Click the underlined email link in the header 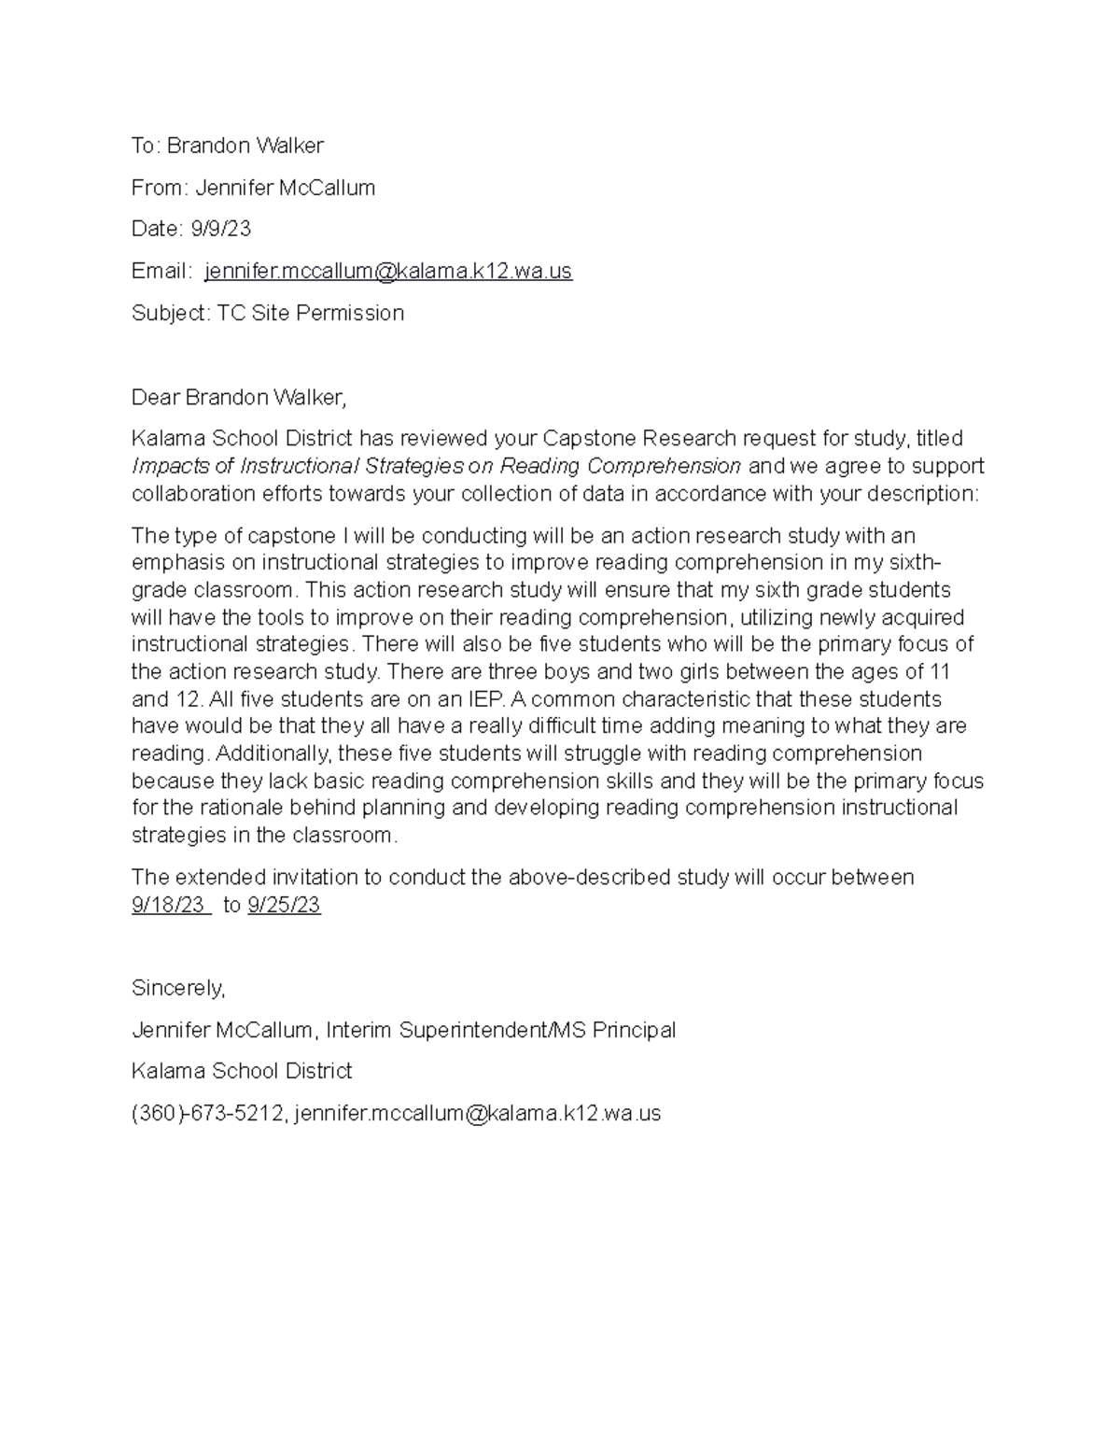tap(388, 271)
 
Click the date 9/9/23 tap(221, 229)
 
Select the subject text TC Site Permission tap(311, 313)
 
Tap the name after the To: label tap(245, 146)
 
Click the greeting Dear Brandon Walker tap(238, 398)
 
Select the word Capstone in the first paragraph tap(590, 439)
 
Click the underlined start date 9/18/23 tap(169, 905)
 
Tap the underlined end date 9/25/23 tap(285, 905)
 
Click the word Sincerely tap(178, 988)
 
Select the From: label tap(161, 188)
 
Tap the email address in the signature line tap(478, 1113)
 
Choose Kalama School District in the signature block tap(242, 1071)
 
